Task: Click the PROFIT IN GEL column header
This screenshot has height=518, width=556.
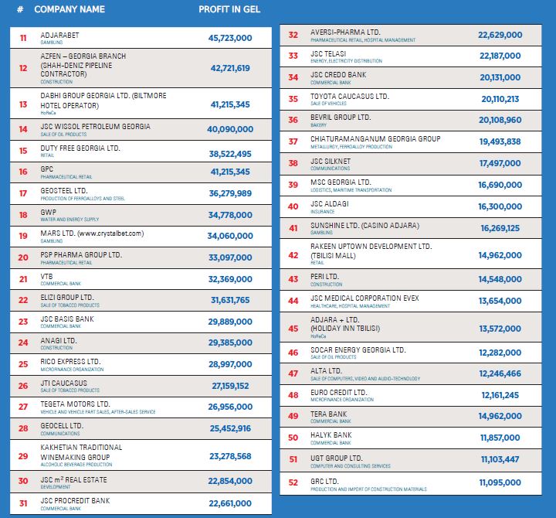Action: [x=229, y=9]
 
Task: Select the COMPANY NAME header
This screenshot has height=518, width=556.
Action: [x=69, y=9]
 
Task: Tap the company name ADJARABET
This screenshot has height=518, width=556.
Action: [x=59, y=35]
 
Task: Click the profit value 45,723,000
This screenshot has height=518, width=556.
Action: [x=230, y=37]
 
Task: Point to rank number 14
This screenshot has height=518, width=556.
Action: [x=23, y=129]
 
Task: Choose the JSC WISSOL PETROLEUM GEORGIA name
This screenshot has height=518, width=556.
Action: [x=95, y=126]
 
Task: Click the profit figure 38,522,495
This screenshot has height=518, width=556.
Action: [x=230, y=154]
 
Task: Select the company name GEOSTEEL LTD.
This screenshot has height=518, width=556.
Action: [x=64, y=189]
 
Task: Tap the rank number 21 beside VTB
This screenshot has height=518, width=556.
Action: [x=23, y=278]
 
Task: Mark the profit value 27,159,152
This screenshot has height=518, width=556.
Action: [x=230, y=385]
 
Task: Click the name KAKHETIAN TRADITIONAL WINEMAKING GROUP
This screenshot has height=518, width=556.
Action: [x=81, y=452]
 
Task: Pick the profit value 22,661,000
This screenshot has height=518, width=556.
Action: [x=230, y=505]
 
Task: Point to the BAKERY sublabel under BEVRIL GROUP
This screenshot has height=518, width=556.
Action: [x=320, y=124]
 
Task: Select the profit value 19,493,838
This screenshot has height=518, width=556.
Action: [x=500, y=141]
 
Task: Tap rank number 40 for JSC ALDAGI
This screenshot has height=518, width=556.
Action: [x=293, y=206]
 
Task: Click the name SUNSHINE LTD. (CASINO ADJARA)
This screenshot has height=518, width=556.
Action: [x=364, y=225]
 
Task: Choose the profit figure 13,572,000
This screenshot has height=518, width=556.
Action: [x=500, y=329]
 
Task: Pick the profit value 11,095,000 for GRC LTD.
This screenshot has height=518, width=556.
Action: [x=500, y=482]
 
